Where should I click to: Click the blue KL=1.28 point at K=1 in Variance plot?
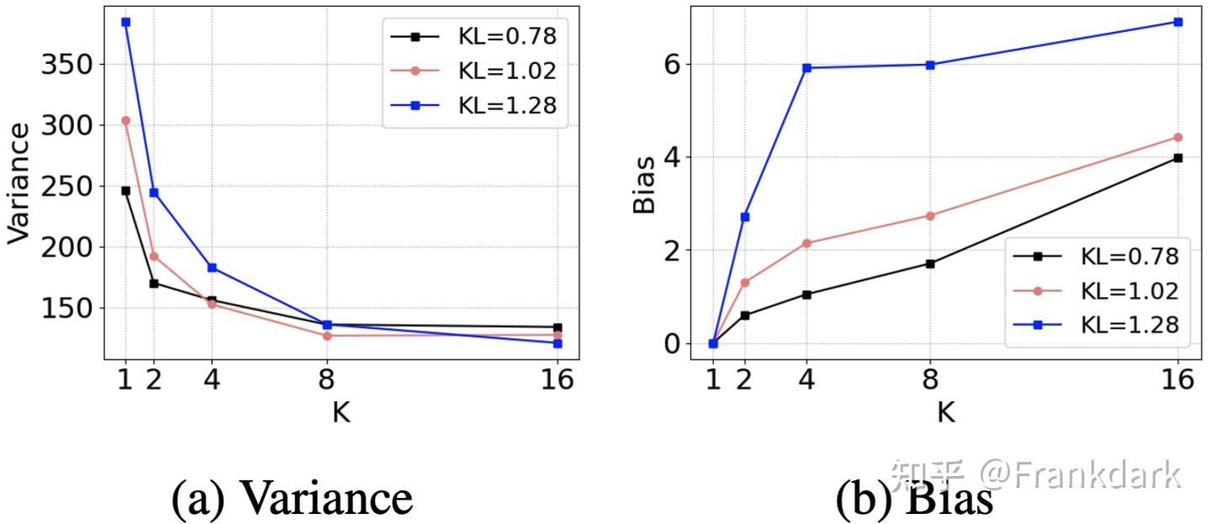pos(125,22)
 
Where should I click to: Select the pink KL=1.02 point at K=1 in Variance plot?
pos(125,120)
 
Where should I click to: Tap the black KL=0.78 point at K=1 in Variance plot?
pos(125,191)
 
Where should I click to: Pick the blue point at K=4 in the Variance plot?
pos(212,267)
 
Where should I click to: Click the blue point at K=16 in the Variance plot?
pos(558,343)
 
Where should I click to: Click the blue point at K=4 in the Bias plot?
pos(806,67)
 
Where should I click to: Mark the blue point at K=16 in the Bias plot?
pos(1177,22)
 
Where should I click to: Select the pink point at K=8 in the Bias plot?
pos(930,216)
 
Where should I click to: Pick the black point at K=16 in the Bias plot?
pos(1177,157)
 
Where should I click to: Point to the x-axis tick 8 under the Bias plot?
pos(930,380)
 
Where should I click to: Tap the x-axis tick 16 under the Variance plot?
pos(557,380)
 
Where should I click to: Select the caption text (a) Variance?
pos(292,498)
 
